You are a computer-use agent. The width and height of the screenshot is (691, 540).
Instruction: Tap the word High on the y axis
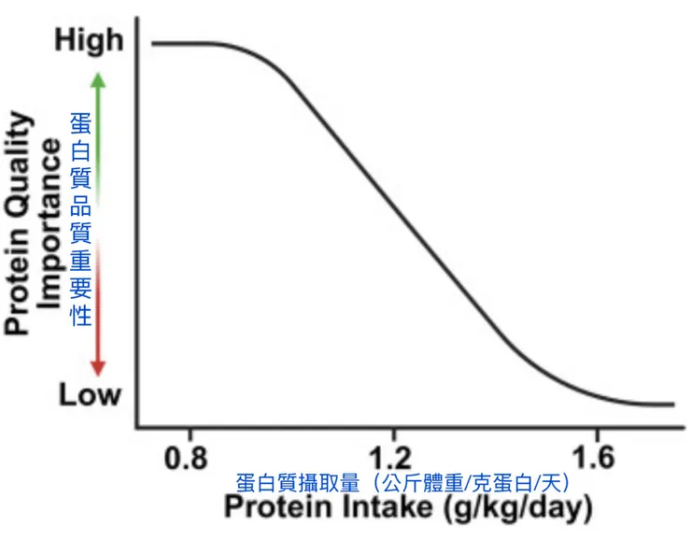coord(89,40)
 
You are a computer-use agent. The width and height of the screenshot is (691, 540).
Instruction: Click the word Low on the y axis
coord(90,394)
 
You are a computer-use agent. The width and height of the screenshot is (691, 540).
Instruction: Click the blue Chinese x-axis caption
coord(403,482)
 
